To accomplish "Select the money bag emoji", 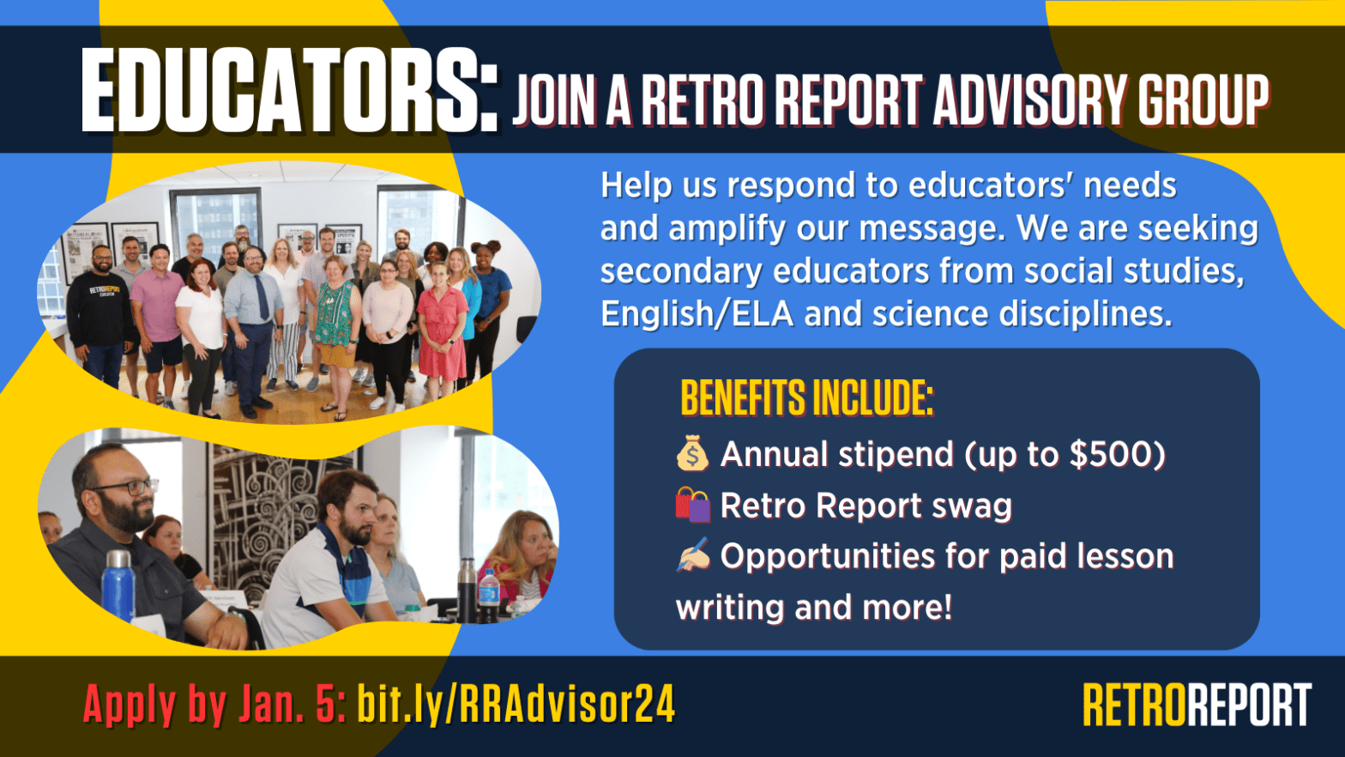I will pos(692,453).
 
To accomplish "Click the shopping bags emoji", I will pos(692,505).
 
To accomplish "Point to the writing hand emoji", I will pos(692,555).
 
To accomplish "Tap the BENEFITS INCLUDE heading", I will pos(806,397).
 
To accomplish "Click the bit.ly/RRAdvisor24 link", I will pos(516,705).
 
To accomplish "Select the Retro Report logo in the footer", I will pos(1197,705).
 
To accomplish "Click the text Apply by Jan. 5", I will pos(214,705).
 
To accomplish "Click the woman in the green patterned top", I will pos(335,326).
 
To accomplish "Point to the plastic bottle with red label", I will pos(488,592).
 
